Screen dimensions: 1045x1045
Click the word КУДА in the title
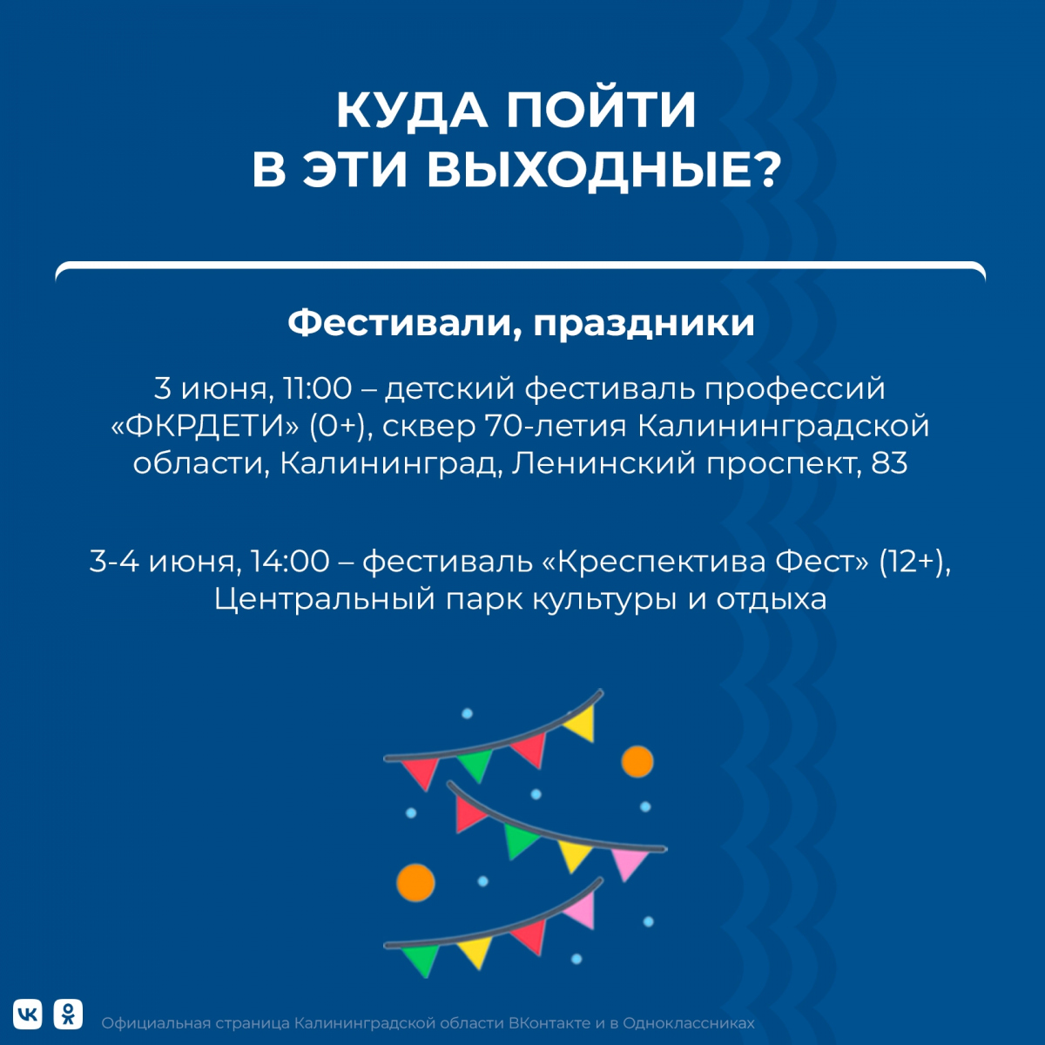[412, 111]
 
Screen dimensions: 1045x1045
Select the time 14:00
[290, 562]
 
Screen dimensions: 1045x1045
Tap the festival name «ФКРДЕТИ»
[205, 427]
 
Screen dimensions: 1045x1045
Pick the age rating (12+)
[915, 562]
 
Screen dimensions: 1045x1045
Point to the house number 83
[889, 463]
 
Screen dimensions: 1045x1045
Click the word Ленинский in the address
[603, 463]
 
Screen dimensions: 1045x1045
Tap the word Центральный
[325, 600]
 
